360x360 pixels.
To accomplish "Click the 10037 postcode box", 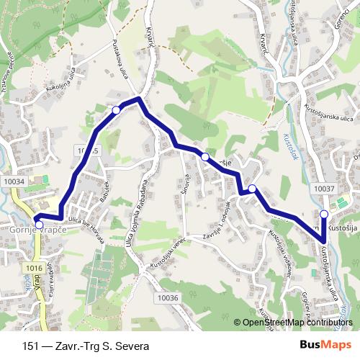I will pos(325,188).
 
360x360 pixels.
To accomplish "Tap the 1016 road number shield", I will pos(31,268).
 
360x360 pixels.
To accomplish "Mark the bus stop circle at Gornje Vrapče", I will pos(39,225).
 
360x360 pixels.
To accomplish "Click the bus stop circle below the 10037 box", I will pos(324,214).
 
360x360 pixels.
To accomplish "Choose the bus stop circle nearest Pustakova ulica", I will pos(117,109).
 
